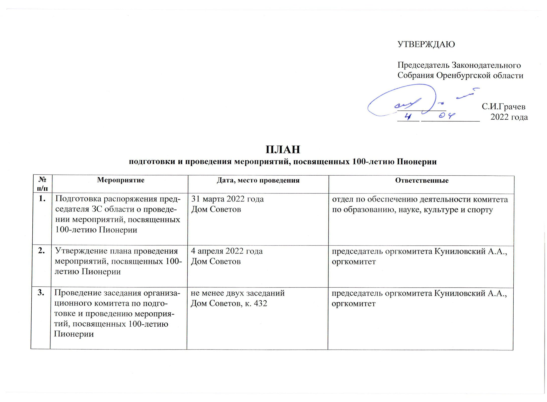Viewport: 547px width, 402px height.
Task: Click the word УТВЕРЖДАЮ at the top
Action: point(426,44)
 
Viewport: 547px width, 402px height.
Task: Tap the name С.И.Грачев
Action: point(503,107)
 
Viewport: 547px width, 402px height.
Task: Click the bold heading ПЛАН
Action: point(283,150)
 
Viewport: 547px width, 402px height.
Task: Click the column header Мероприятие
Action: point(121,180)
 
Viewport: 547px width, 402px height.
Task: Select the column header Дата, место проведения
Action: point(258,180)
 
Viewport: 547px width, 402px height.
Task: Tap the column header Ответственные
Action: point(422,180)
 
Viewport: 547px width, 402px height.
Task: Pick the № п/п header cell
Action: point(42,184)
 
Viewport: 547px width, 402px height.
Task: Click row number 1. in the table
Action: point(42,199)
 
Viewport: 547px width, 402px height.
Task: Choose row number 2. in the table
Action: point(41,251)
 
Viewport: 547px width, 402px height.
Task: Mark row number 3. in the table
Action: point(41,293)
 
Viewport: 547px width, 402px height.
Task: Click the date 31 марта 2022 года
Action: point(227,199)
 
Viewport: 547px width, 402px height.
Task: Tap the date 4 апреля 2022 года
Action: point(227,251)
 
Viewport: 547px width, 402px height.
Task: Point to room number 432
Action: point(260,304)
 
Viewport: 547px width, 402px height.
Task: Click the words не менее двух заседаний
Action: point(237,293)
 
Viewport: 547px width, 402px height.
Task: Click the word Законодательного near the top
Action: point(486,65)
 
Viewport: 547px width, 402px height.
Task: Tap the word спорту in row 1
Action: point(480,210)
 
